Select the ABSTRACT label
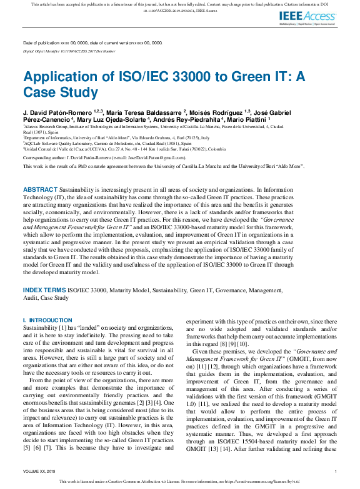point(41,171)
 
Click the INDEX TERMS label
point(44,290)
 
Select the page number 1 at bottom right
point(336,472)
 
